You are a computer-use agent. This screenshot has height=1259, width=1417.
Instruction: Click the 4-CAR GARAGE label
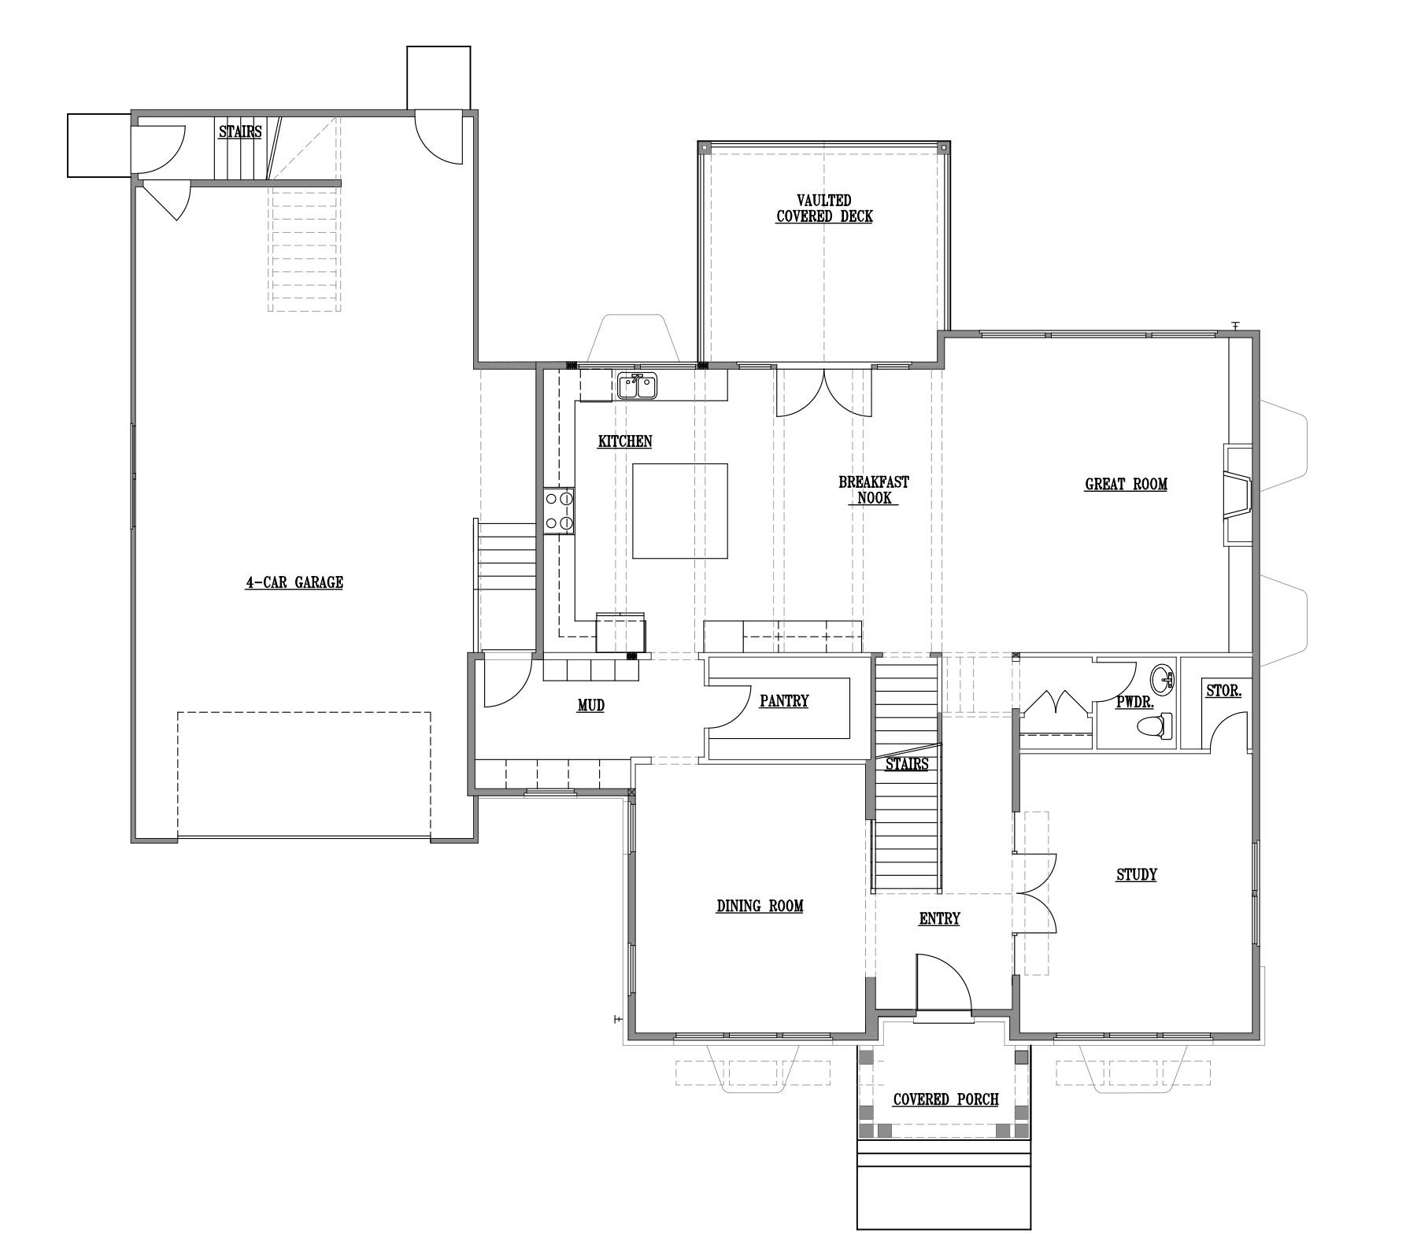click(x=294, y=583)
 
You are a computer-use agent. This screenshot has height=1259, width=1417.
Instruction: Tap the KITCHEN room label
click(x=625, y=441)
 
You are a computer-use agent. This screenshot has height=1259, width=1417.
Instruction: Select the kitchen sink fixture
click(x=638, y=386)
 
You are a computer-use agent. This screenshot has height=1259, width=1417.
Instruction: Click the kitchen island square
click(x=680, y=511)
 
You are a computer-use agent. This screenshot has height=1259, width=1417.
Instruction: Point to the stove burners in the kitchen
click(x=559, y=511)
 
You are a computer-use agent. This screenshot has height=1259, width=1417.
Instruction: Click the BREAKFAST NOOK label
click(x=874, y=489)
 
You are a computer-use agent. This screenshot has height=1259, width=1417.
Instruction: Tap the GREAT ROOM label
click(x=1126, y=485)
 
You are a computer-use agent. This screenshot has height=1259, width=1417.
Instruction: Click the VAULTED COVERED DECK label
click(x=824, y=209)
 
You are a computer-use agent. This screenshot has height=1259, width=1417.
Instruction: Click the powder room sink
click(x=1163, y=677)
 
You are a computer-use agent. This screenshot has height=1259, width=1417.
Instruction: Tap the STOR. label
click(x=1224, y=692)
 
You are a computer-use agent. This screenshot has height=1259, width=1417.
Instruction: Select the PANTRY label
click(x=784, y=701)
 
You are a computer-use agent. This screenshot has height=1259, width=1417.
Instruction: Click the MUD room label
click(x=591, y=706)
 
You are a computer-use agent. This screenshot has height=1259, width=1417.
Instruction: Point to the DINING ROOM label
click(x=760, y=906)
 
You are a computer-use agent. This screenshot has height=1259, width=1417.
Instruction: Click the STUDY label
click(x=1137, y=875)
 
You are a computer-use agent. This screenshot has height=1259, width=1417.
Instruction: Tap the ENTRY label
click(x=940, y=919)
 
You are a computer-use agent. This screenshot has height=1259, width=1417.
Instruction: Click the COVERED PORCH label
click(x=945, y=1100)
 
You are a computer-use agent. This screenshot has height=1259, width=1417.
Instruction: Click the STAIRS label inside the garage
click(x=240, y=132)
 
